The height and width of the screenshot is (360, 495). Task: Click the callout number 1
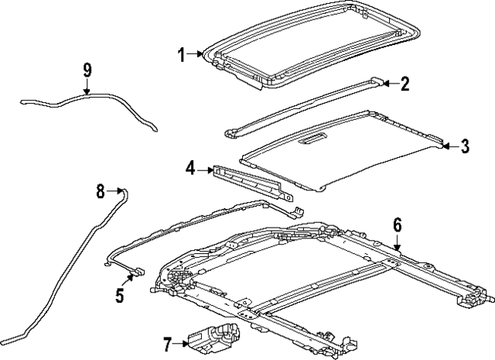[x=180, y=55]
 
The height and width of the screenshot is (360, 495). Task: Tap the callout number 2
[x=404, y=84]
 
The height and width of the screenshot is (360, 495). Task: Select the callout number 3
[x=464, y=146]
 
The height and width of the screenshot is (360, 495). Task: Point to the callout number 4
[x=190, y=167]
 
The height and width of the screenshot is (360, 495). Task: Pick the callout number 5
[x=119, y=295]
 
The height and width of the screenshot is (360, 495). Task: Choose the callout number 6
[x=398, y=225]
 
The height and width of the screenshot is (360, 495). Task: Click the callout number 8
[x=100, y=190]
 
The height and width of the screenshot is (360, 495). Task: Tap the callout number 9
[x=87, y=71]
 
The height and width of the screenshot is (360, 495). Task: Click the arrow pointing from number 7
[x=181, y=342]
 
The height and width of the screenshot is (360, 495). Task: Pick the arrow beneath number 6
[x=398, y=243]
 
